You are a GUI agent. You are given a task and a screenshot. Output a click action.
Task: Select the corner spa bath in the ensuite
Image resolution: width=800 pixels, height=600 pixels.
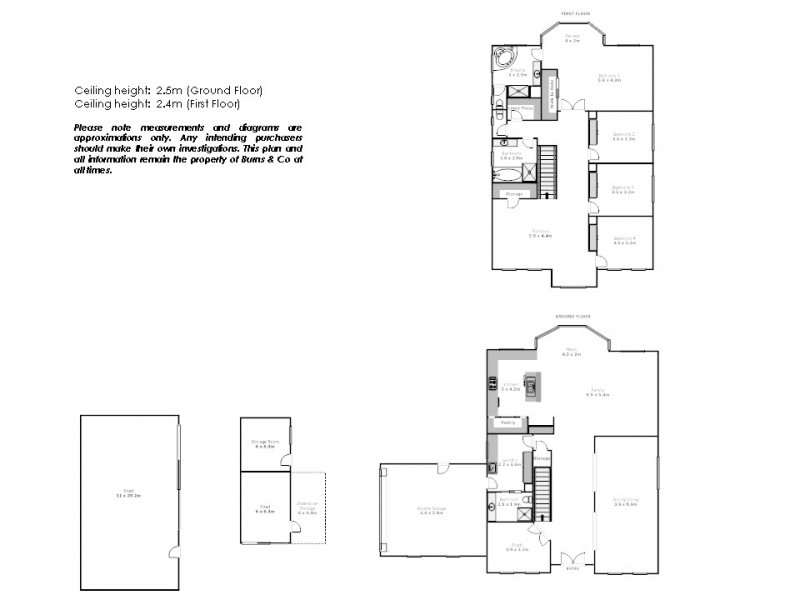pos(502,58)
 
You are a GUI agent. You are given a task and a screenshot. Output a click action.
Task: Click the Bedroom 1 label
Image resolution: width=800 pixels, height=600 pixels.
pos(610,77)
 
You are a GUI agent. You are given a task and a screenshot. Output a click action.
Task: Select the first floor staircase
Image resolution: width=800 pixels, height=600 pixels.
pos(547,166)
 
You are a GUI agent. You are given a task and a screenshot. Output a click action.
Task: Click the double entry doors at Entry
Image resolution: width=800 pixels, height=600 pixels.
pos(572,560)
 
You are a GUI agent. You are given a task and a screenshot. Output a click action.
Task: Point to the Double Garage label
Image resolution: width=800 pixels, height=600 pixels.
pos(431,510)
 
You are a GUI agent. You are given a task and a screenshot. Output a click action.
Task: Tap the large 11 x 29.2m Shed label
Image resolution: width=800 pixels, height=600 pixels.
pos(130,492)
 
